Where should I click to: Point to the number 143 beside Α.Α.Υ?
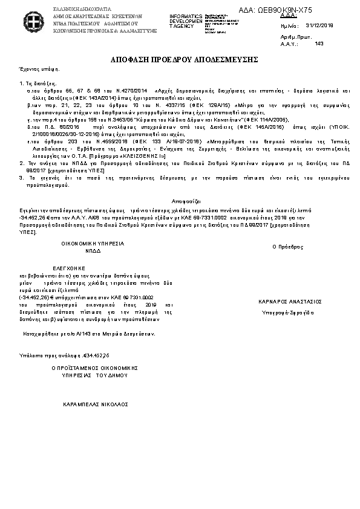pyautogui.click(x=319, y=43)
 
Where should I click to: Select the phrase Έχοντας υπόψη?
pyautogui.click(x=31, y=70)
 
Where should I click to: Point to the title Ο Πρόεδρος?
pyautogui.click(x=287, y=247)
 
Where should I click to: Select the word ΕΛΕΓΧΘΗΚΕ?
pyautogui.click(x=68, y=267)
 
